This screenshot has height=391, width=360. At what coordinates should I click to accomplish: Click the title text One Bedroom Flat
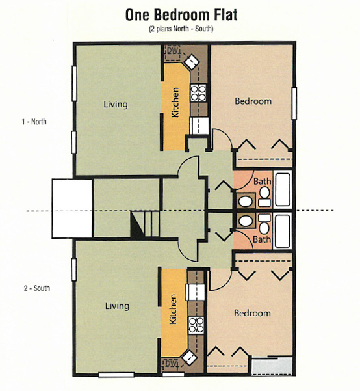click(x=181, y=15)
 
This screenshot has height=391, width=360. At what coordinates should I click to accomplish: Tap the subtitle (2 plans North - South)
click(x=181, y=29)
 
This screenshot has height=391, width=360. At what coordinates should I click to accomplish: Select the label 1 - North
click(x=34, y=122)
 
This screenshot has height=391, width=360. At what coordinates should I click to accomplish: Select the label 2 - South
click(x=37, y=288)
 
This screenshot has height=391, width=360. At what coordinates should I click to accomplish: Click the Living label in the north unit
click(x=116, y=104)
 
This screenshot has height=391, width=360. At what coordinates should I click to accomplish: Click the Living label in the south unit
click(x=117, y=306)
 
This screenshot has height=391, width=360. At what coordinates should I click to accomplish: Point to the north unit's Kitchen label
click(x=175, y=103)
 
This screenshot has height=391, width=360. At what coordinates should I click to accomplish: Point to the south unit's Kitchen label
click(x=173, y=309)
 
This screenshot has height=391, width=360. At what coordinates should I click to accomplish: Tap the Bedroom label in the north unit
click(x=253, y=101)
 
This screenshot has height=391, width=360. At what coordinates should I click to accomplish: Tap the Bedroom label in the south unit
click(x=252, y=313)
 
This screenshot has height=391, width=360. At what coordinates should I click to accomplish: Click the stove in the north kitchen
click(x=199, y=93)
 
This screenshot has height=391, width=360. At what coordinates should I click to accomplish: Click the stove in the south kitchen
click(x=196, y=325)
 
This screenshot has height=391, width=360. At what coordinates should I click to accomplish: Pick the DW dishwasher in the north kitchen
click(x=172, y=53)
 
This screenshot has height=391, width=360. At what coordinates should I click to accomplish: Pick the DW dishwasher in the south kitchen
click(x=170, y=364)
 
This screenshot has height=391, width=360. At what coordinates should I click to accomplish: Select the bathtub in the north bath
click(x=283, y=190)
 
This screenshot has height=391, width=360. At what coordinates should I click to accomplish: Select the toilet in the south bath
click(x=264, y=224)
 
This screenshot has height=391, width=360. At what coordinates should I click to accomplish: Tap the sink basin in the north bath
click(x=246, y=201)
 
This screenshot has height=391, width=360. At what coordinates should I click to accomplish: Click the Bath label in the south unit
click(x=262, y=239)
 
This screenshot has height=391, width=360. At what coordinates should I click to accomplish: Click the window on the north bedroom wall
click(x=294, y=103)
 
